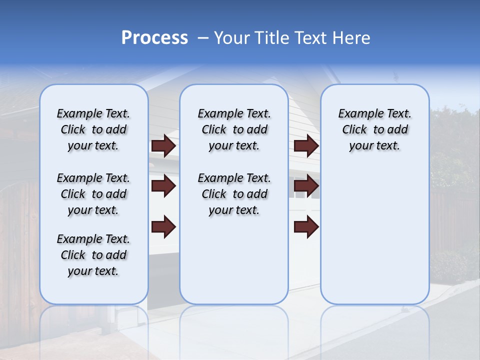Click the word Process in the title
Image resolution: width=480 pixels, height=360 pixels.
154,38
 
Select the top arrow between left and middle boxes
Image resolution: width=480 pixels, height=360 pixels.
163,146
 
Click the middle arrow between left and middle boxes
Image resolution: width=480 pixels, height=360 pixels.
163,186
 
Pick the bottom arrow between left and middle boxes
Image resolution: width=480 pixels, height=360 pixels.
163,226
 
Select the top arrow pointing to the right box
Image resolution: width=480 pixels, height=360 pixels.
306,146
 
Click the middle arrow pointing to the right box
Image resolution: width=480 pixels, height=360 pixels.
306,186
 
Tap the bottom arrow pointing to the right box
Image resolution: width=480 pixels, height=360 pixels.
306,226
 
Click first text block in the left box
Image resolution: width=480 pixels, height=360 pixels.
93,129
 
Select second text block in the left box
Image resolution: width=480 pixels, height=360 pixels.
93,194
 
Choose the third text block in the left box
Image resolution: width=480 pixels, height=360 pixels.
93,255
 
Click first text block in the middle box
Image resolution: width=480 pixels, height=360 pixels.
234,129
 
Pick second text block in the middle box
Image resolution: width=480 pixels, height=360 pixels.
234,194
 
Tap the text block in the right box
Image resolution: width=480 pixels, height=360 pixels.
374,129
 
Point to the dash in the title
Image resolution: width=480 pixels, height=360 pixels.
203,38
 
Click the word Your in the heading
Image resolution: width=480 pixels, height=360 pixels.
232,38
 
